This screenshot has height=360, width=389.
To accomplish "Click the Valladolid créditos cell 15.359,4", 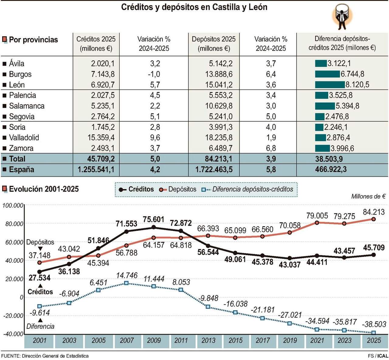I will click(101, 138).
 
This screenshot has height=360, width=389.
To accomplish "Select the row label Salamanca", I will click(27, 106).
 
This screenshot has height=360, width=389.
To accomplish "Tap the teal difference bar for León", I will click(330, 85).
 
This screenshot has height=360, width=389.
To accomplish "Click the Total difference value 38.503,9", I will click(329, 159).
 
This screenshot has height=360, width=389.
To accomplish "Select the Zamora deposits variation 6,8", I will click(271, 148).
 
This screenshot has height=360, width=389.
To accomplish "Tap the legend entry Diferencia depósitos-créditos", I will click(252, 189).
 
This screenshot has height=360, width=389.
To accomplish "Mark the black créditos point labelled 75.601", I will click(153, 227).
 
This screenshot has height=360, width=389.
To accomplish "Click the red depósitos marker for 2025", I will click(374, 219).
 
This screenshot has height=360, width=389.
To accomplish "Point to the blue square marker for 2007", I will click(126, 283).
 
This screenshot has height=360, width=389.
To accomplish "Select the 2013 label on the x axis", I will click(208, 341).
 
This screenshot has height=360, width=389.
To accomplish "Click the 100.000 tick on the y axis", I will click(13, 206).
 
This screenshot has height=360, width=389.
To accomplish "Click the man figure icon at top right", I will click(342, 17).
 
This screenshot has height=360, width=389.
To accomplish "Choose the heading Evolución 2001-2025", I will click(44, 189).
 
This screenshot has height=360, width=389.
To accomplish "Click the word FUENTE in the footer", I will click(11, 356).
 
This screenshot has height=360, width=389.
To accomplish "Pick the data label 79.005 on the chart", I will click(317, 216).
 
